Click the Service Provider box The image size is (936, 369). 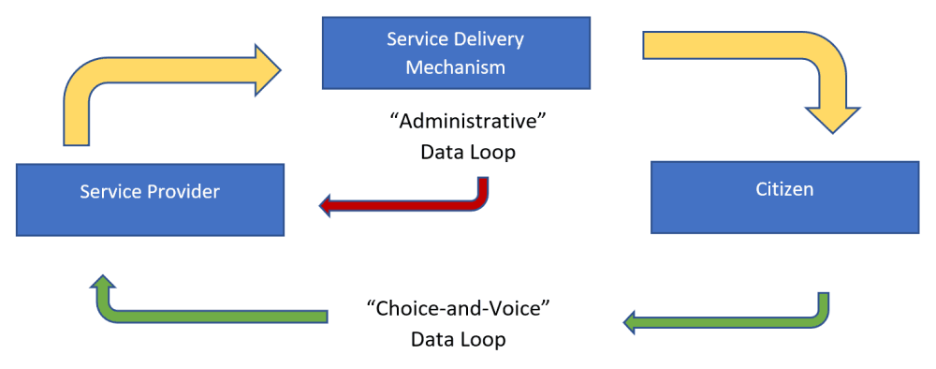(150, 199)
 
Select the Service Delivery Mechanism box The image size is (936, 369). (456, 52)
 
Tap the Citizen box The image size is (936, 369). (784, 197)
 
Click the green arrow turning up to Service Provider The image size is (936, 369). (206, 316)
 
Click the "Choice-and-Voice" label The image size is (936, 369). (458, 308)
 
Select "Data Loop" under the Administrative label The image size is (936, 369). (467, 152)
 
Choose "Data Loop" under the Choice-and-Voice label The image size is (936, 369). (458, 339)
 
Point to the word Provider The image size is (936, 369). (185, 192)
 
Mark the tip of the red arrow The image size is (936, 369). (323, 205)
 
